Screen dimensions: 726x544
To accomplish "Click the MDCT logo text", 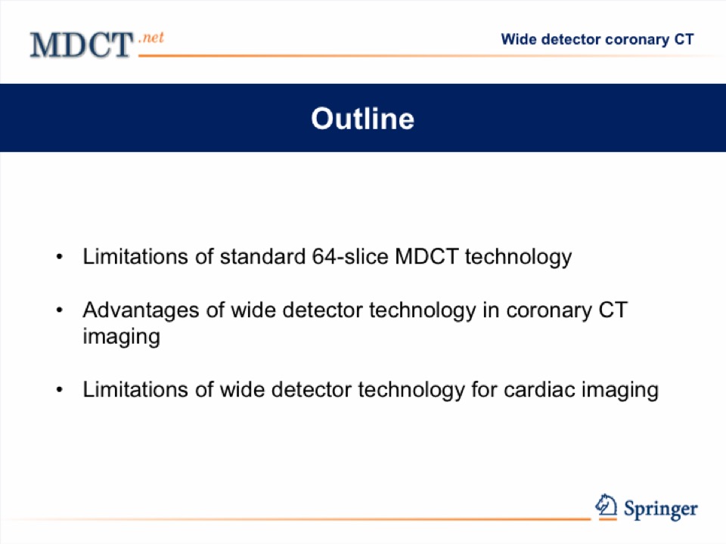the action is coord(82,45).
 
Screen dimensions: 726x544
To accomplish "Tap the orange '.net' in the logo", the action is coord(151,37).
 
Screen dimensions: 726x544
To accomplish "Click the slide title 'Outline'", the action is coord(362,119).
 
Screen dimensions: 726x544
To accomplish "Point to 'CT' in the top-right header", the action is coord(684,39).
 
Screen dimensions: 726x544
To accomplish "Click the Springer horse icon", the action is coord(606,505).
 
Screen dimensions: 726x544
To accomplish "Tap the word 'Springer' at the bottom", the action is coord(661,508).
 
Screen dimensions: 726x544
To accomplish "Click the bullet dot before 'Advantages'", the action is coord(59,310).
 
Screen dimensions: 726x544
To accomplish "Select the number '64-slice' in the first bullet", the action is coord(350,256).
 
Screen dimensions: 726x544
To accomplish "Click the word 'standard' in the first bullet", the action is coord(262,256).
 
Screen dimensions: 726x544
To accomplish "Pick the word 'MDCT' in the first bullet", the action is coord(427,256).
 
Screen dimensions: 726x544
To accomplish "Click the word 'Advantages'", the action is coord(141,311).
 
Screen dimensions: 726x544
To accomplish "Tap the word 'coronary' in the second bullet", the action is coord(549,311).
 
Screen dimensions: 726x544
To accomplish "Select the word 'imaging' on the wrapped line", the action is coord(121,336).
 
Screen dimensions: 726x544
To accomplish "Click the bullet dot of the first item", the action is coord(59,257).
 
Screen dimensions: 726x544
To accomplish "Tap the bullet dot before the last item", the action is coord(59,390).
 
